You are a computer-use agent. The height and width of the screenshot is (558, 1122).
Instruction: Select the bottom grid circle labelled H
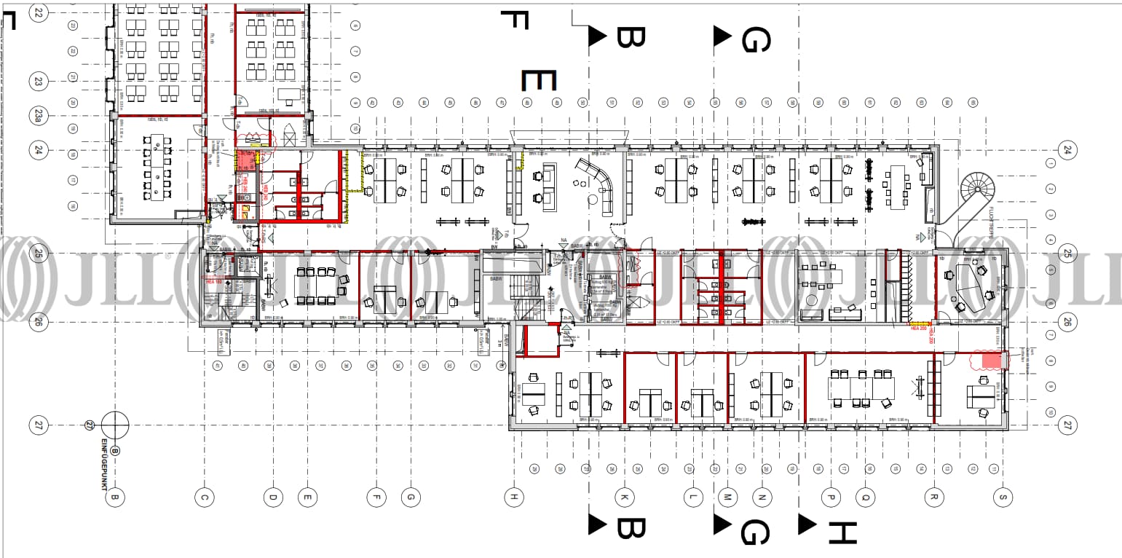click(x=513, y=498)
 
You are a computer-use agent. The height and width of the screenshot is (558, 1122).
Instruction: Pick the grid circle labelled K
click(x=624, y=498)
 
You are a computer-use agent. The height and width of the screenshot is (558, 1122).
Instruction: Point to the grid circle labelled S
click(x=1003, y=498)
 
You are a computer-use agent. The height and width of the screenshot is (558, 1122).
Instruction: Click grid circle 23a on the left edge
click(x=38, y=115)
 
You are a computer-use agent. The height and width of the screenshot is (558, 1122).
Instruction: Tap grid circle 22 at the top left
click(x=38, y=13)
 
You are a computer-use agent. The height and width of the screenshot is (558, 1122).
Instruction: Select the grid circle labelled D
click(x=273, y=498)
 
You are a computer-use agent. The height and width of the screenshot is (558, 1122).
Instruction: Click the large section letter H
click(x=841, y=533)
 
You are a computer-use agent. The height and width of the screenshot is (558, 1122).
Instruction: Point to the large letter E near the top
click(x=539, y=80)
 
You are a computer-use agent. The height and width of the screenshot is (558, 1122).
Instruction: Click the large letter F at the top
click(x=514, y=20)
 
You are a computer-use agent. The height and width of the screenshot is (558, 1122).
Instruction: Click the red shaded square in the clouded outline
click(x=990, y=361)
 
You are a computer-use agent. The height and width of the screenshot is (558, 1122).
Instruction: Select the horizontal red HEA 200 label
click(x=917, y=329)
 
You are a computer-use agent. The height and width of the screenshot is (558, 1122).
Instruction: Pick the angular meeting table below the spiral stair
click(x=968, y=286)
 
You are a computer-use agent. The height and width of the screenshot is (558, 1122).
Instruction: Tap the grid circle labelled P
click(x=830, y=498)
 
